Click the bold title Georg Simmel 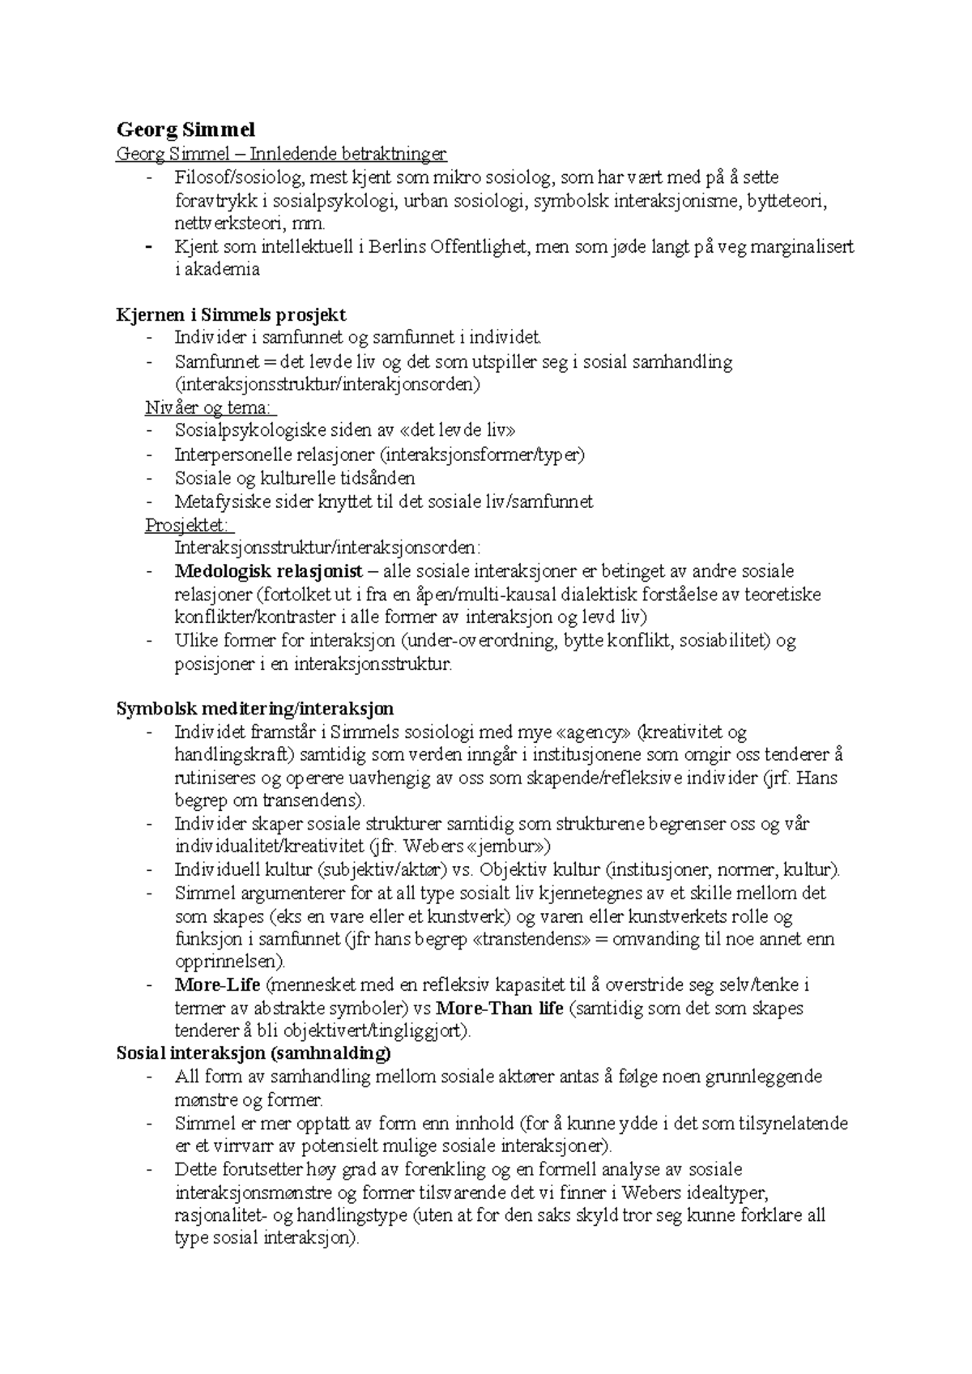pyautogui.click(x=185, y=130)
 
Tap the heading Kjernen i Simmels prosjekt pyautogui.click(x=232, y=314)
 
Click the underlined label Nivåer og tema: pyautogui.click(x=211, y=408)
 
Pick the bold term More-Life pyautogui.click(x=217, y=985)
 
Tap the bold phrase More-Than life pyautogui.click(x=501, y=1009)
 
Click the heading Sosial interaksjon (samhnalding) pyautogui.click(x=254, y=1054)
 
